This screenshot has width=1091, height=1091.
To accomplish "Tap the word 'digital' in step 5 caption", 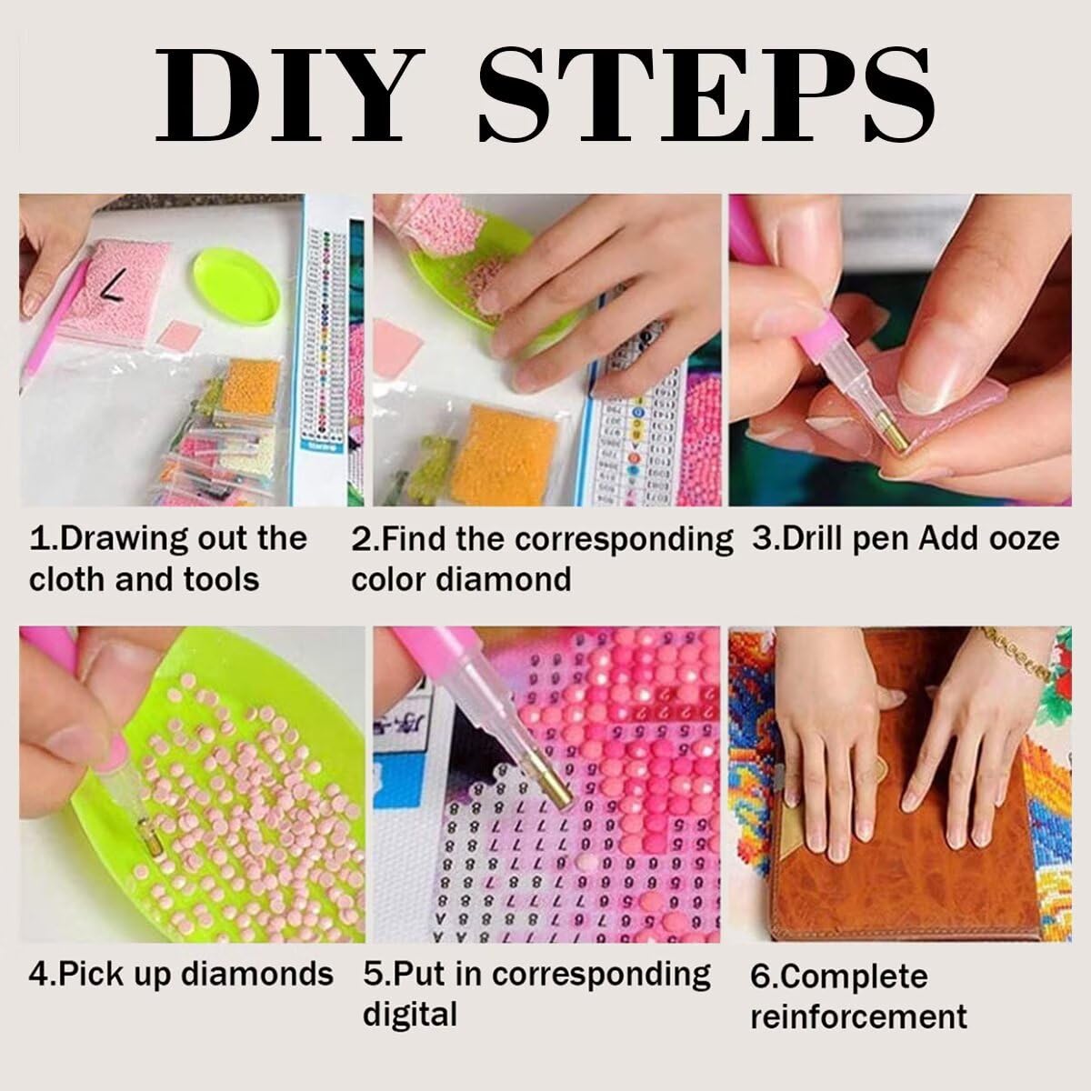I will coord(409,1013).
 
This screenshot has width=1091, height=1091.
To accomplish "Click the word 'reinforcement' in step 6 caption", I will coord(858,1016).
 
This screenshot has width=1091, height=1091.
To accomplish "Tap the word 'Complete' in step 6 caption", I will coord(838,976).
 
